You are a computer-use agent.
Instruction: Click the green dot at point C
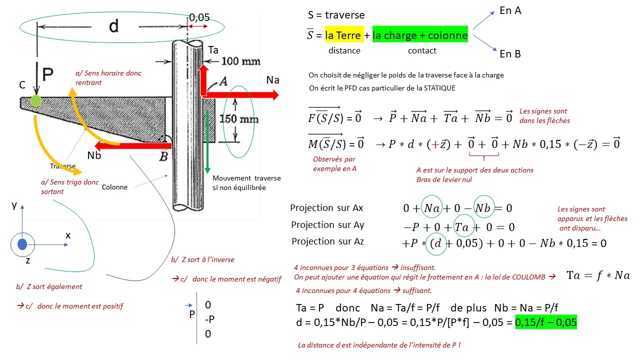point(35,100)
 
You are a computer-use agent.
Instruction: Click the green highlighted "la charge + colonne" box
point(420,35)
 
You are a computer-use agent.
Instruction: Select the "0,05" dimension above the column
point(198,17)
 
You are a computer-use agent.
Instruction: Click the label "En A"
point(510,10)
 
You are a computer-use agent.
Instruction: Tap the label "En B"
point(510,53)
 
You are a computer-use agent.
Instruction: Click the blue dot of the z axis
point(22,244)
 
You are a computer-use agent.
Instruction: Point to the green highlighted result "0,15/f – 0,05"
point(546,322)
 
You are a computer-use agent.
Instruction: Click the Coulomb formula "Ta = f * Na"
point(598,275)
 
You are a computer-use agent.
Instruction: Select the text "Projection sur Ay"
point(327,225)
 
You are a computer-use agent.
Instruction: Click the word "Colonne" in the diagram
point(115,187)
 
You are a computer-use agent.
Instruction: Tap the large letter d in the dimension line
point(114,25)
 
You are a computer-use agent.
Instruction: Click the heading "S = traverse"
point(336,15)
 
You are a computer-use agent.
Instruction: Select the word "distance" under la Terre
point(344,50)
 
